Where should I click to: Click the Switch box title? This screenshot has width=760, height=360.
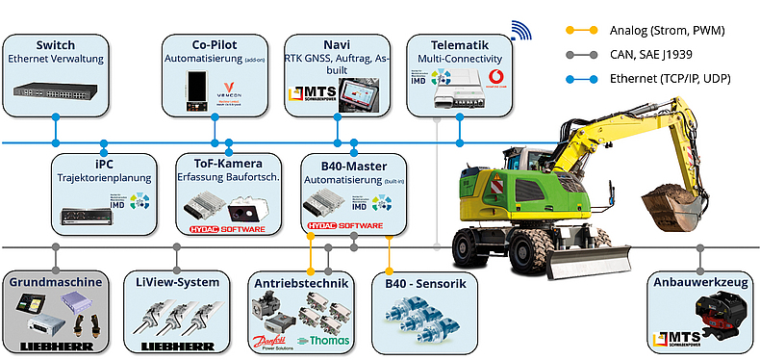[55, 45]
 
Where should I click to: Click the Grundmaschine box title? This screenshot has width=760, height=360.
[55, 282]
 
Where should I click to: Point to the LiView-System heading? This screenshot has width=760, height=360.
[177, 282]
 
